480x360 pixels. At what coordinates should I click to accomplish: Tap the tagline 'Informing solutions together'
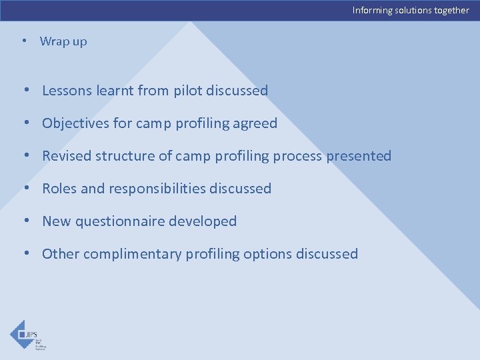[x=411, y=10]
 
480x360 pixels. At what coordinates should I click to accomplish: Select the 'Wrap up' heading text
[x=63, y=41]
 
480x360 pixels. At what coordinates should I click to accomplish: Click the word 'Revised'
[x=67, y=156]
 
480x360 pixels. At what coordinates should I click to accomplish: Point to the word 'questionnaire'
[x=121, y=221]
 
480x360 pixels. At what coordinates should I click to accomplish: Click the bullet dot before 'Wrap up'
[x=24, y=41]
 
